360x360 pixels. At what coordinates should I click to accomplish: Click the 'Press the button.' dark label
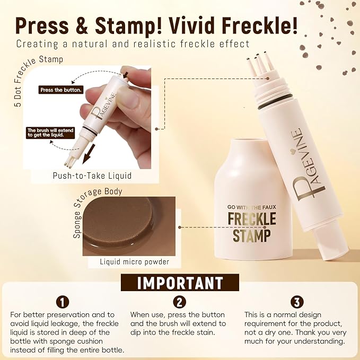[x=61, y=90]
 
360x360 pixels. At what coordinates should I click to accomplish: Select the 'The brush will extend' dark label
[x=46, y=132]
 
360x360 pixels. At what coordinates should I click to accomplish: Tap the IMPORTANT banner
[x=180, y=283]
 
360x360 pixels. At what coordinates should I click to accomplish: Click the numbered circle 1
[x=63, y=303]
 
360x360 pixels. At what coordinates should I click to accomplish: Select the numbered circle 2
[x=180, y=303]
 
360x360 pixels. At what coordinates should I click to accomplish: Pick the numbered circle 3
[x=297, y=303]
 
